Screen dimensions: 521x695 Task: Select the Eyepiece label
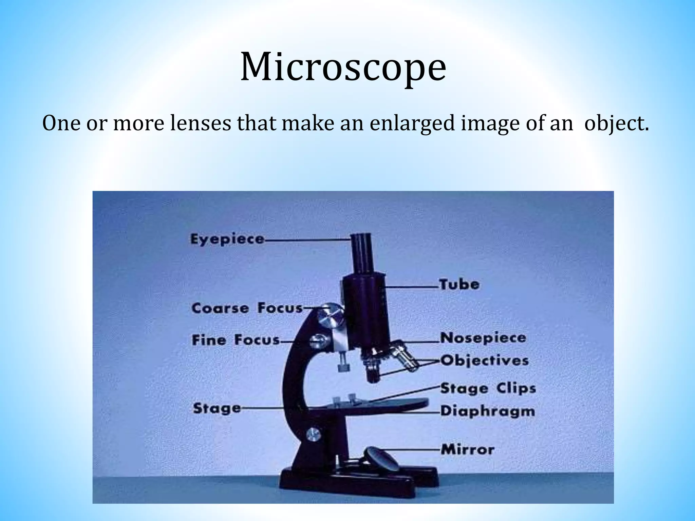click(x=227, y=239)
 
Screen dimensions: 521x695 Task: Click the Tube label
click(x=459, y=284)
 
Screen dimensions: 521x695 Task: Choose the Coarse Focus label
click(x=247, y=308)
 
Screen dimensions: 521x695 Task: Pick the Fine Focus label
click(x=236, y=340)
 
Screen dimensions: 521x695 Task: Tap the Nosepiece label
click(x=483, y=338)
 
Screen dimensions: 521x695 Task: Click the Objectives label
click(x=485, y=361)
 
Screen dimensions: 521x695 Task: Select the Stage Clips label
click(x=488, y=389)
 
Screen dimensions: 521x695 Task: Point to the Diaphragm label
click(x=488, y=411)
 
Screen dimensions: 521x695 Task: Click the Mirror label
click(x=468, y=450)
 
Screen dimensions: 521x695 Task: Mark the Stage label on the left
click(x=217, y=408)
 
